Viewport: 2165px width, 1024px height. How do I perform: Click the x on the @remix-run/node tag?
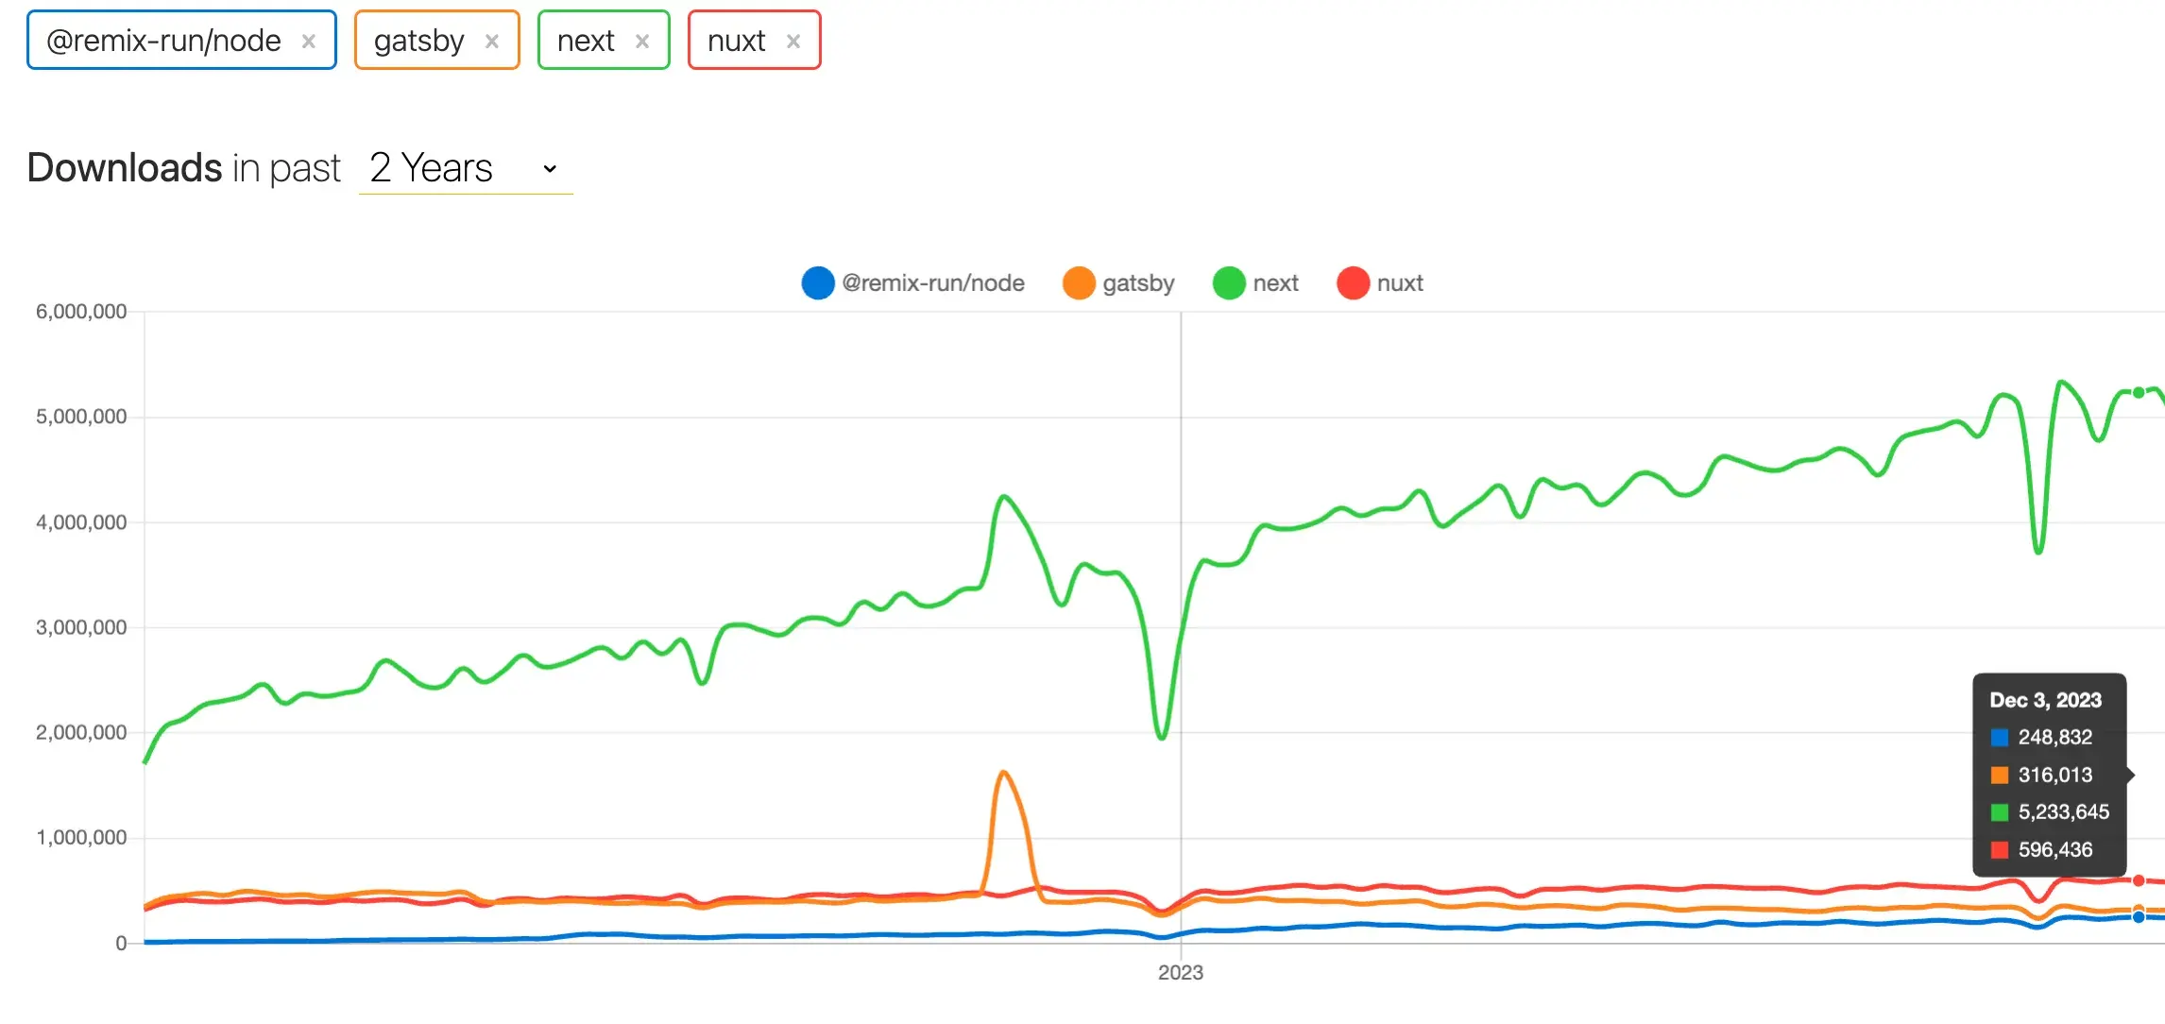click(308, 42)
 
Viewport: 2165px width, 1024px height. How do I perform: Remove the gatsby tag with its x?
click(491, 42)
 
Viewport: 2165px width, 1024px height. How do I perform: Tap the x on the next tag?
click(642, 42)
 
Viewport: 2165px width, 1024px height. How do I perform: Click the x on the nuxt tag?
click(793, 42)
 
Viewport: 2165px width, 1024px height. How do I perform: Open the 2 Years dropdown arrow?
click(550, 169)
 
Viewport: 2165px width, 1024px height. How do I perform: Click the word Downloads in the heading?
click(124, 168)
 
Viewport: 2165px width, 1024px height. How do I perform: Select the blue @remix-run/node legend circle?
click(818, 283)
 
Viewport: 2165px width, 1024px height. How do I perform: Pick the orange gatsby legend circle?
click(1079, 283)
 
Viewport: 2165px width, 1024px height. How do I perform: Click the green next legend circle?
click(1229, 283)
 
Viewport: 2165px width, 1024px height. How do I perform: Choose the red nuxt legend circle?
click(1353, 283)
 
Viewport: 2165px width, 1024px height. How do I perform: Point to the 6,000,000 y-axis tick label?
click(81, 312)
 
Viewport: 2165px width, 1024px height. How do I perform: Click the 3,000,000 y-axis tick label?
click(81, 627)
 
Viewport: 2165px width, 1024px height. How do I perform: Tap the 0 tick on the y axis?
click(121, 943)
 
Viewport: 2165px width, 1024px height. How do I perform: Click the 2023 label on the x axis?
click(1181, 973)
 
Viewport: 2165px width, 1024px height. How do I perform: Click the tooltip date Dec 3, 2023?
click(2045, 700)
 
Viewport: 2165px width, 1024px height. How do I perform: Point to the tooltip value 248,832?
click(2054, 737)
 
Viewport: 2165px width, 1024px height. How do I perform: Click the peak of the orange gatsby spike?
click(1003, 773)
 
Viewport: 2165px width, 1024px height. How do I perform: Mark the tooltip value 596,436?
click(2054, 850)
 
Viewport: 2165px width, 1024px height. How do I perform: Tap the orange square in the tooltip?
click(1999, 776)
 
